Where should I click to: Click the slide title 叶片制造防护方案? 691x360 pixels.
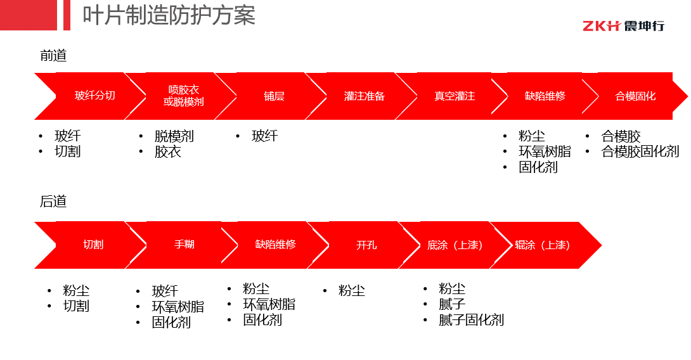169,15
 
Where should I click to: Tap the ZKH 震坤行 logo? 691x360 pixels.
623,26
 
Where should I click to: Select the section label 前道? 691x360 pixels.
53,56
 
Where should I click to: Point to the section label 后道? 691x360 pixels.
53,202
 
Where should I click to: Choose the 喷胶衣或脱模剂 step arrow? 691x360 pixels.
181,96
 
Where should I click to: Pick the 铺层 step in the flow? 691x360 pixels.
271,96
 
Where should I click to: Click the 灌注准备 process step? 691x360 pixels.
362,96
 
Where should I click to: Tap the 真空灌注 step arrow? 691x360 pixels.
452,96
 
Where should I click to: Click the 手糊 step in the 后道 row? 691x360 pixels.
181,245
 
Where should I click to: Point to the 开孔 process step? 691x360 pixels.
364,245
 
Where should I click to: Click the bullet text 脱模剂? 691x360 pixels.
174,136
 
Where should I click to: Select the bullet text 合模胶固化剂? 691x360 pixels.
640,151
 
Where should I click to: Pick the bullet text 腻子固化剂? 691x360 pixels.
471,320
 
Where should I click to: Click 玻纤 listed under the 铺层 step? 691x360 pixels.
265,136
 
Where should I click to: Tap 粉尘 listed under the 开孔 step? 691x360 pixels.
352,291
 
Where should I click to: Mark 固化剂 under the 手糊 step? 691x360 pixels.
171,323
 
